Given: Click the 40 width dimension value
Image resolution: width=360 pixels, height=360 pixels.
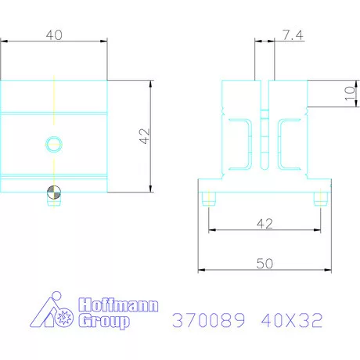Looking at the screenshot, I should coord(53,35).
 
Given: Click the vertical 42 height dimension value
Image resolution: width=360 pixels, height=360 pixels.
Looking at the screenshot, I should coord(142,137).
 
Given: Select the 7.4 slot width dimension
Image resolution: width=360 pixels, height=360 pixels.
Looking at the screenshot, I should coord(290,36).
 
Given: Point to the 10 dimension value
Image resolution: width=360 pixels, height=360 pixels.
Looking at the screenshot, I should coord(348,94).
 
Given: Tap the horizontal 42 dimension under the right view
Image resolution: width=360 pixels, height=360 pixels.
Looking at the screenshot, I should coord(264,224).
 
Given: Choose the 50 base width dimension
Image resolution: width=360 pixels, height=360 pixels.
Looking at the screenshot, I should coord(265,264).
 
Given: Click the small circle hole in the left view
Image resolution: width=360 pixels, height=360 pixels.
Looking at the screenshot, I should coord(53,143).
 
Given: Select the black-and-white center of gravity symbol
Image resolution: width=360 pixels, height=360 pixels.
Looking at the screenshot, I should coord(53,193).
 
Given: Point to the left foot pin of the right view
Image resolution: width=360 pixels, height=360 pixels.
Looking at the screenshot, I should coord(207,199).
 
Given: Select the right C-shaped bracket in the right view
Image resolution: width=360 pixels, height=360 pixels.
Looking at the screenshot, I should coord(290,142).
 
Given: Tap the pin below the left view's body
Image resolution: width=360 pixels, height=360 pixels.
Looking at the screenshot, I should coord(53,202).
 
